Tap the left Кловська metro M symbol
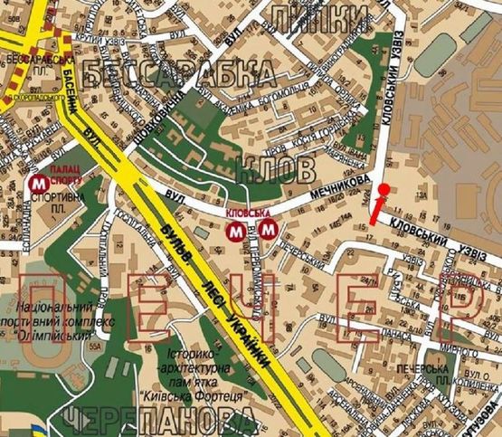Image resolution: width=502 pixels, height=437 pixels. pos(235,232)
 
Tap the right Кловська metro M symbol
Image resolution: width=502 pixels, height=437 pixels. pos(267,232)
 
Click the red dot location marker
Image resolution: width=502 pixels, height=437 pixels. pos(384,189)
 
